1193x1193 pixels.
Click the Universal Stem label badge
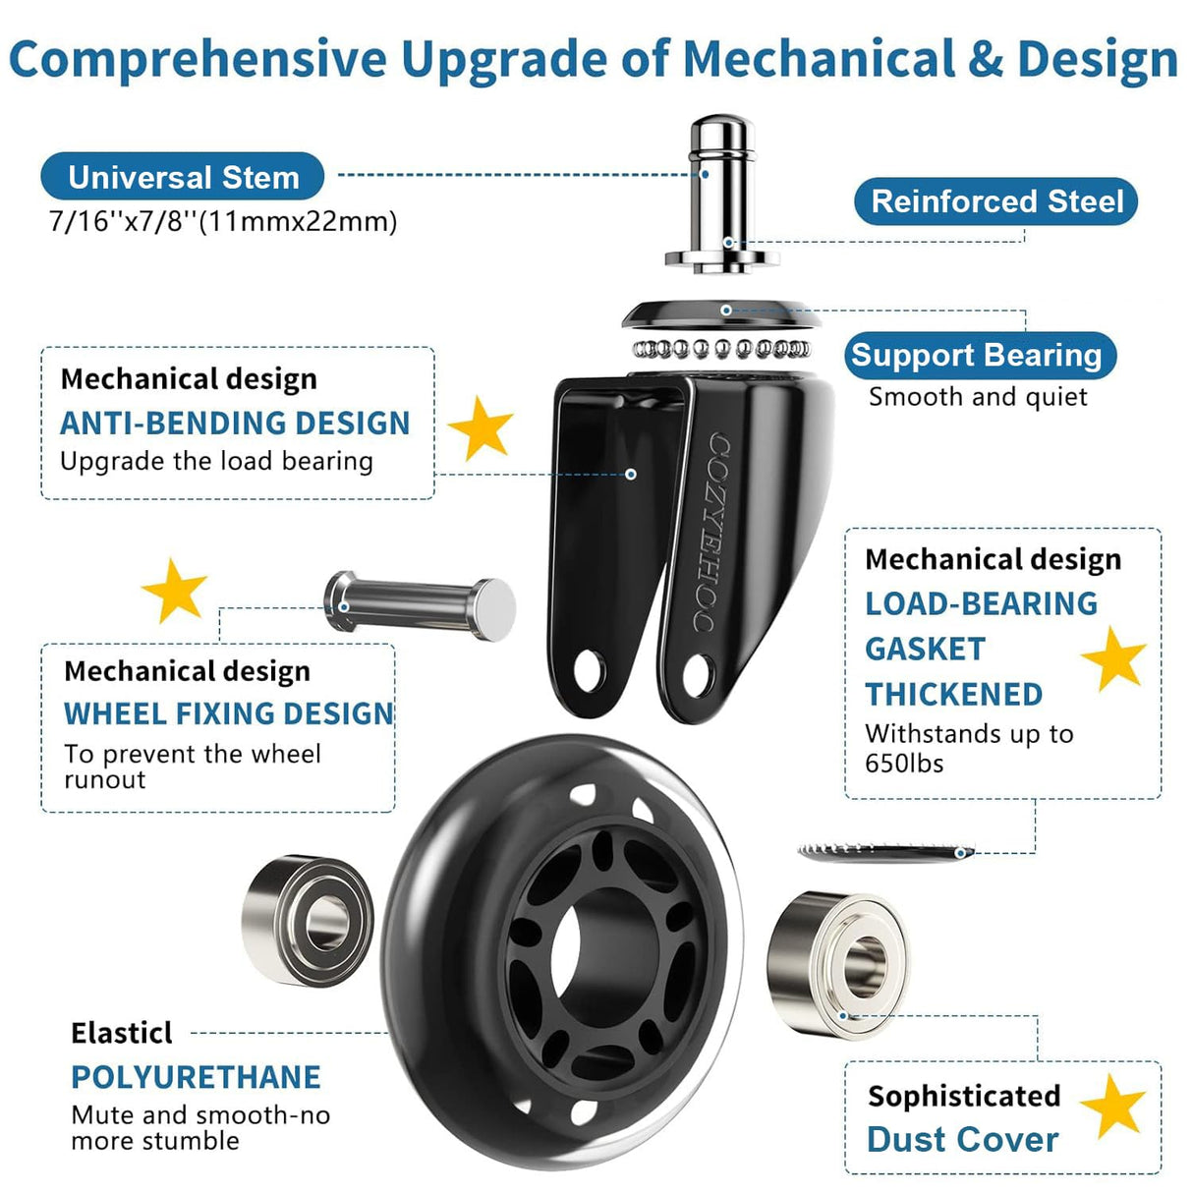click(182, 177)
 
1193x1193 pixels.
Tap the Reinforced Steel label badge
click(996, 201)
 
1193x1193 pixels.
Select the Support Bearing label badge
click(980, 356)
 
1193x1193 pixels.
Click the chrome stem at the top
click(722, 194)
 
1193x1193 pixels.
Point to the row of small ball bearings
click(721, 349)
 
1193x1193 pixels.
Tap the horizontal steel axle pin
click(420, 605)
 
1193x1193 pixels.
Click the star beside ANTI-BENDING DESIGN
click(481, 428)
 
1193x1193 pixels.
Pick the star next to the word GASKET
click(1113, 658)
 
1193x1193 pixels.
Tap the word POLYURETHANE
click(197, 1078)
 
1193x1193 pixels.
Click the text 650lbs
click(904, 764)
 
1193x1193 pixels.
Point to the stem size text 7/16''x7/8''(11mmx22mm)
click(223, 222)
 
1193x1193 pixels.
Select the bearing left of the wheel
click(308, 920)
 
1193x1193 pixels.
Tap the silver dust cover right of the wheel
click(837, 965)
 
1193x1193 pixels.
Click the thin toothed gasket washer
click(886, 852)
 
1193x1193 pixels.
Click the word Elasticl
click(122, 1033)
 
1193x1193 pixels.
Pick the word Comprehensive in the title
click(198, 60)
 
